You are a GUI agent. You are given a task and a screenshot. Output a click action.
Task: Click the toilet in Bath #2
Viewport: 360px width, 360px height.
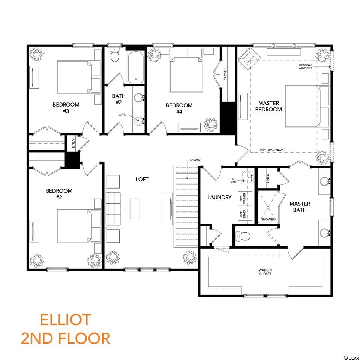(114, 55)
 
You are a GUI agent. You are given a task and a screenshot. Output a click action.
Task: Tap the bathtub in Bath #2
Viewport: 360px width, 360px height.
(136, 67)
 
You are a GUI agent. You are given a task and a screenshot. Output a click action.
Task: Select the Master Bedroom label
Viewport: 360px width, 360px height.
(268, 106)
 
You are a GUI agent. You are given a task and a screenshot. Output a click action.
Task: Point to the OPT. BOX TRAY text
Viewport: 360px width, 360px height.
(271, 150)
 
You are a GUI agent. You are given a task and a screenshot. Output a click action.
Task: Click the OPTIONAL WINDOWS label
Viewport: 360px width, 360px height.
(305, 67)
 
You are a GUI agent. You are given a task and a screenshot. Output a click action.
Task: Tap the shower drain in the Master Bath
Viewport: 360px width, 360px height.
(268, 207)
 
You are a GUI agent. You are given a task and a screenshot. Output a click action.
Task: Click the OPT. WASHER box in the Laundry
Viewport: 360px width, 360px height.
(245, 198)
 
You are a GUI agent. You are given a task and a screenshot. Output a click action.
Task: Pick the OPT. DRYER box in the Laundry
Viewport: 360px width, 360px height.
(245, 214)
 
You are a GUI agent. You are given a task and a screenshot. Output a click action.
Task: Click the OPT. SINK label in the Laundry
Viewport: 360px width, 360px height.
(234, 181)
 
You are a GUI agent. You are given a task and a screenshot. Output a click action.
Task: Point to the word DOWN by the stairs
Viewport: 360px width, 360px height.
(195, 160)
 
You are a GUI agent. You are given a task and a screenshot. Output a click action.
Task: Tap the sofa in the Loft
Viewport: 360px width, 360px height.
(113, 209)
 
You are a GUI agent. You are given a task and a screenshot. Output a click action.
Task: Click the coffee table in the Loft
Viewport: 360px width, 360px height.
(135, 209)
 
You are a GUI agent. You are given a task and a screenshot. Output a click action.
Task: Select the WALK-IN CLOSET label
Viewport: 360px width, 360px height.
(265, 272)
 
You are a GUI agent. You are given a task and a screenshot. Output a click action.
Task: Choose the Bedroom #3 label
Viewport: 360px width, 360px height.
(66, 108)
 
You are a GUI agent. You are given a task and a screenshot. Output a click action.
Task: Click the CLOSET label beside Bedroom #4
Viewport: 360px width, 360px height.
(225, 74)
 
